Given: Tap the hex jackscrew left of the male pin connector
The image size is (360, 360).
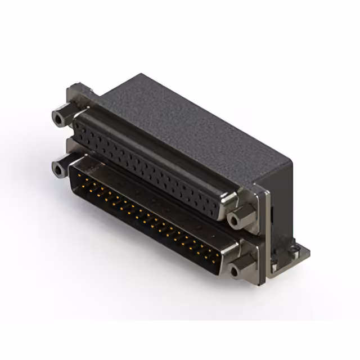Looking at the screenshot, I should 60,168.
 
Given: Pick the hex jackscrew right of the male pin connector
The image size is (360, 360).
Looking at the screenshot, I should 241,269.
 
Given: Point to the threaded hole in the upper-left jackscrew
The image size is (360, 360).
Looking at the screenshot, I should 58,118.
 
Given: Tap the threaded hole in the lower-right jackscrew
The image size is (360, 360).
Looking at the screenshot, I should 235,272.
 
